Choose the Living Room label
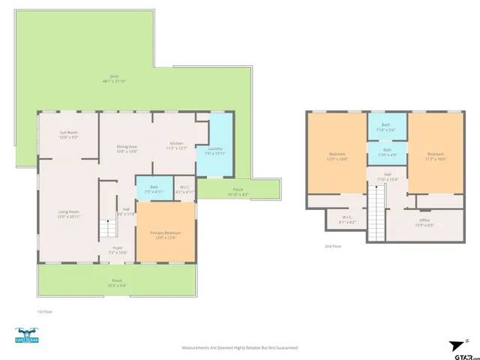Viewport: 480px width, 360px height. point(69,214)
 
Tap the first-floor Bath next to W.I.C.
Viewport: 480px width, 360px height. point(154,189)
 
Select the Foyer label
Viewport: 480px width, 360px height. point(118,249)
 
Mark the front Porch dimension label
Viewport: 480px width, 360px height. point(117,285)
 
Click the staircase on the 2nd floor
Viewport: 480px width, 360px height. point(376,214)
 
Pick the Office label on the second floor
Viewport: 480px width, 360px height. point(424,223)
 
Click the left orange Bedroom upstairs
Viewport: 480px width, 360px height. point(337,155)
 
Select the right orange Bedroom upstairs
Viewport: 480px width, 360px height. point(436,155)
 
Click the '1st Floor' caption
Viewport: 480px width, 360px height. point(46,310)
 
